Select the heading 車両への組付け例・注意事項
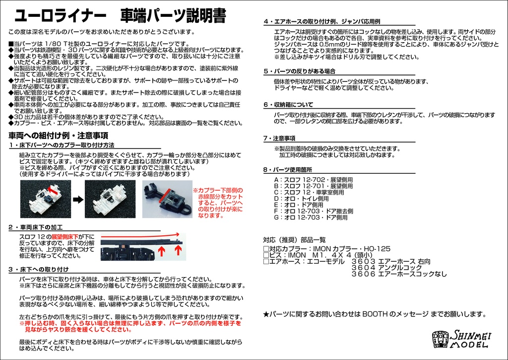tap(59, 135)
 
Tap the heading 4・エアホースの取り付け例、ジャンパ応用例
tap(321, 22)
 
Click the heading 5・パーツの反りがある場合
tap(299, 71)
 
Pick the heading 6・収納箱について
tap(288, 105)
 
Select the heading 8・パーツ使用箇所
tap(292, 170)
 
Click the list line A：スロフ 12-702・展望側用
tap(313, 179)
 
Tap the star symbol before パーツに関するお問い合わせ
tap(266, 314)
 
